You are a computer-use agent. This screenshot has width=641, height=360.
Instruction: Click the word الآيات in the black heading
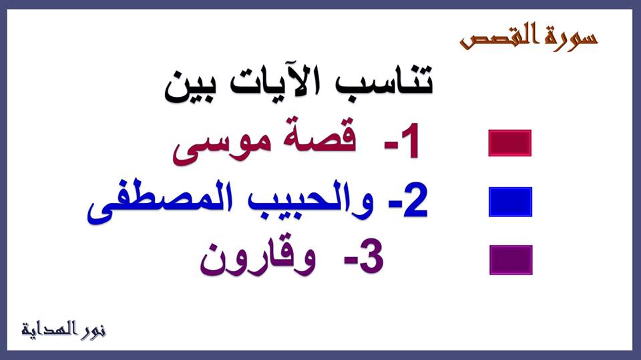(x=276, y=81)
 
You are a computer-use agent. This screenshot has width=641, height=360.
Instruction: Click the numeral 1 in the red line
(x=410, y=140)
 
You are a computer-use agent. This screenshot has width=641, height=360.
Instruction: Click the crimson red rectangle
(x=509, y=143)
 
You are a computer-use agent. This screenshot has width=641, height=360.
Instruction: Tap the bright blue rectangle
(x=510, y=202)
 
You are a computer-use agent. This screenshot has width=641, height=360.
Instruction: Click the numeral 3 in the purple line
(x=371, y=258)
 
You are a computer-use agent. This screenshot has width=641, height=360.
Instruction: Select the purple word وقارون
(x=258, y=258)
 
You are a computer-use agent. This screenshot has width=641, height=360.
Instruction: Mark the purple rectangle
(x=511, y=260)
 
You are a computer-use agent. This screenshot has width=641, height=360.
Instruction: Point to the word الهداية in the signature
(x=49, y=329)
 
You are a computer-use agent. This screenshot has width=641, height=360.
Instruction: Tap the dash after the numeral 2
(x=395, y=206)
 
